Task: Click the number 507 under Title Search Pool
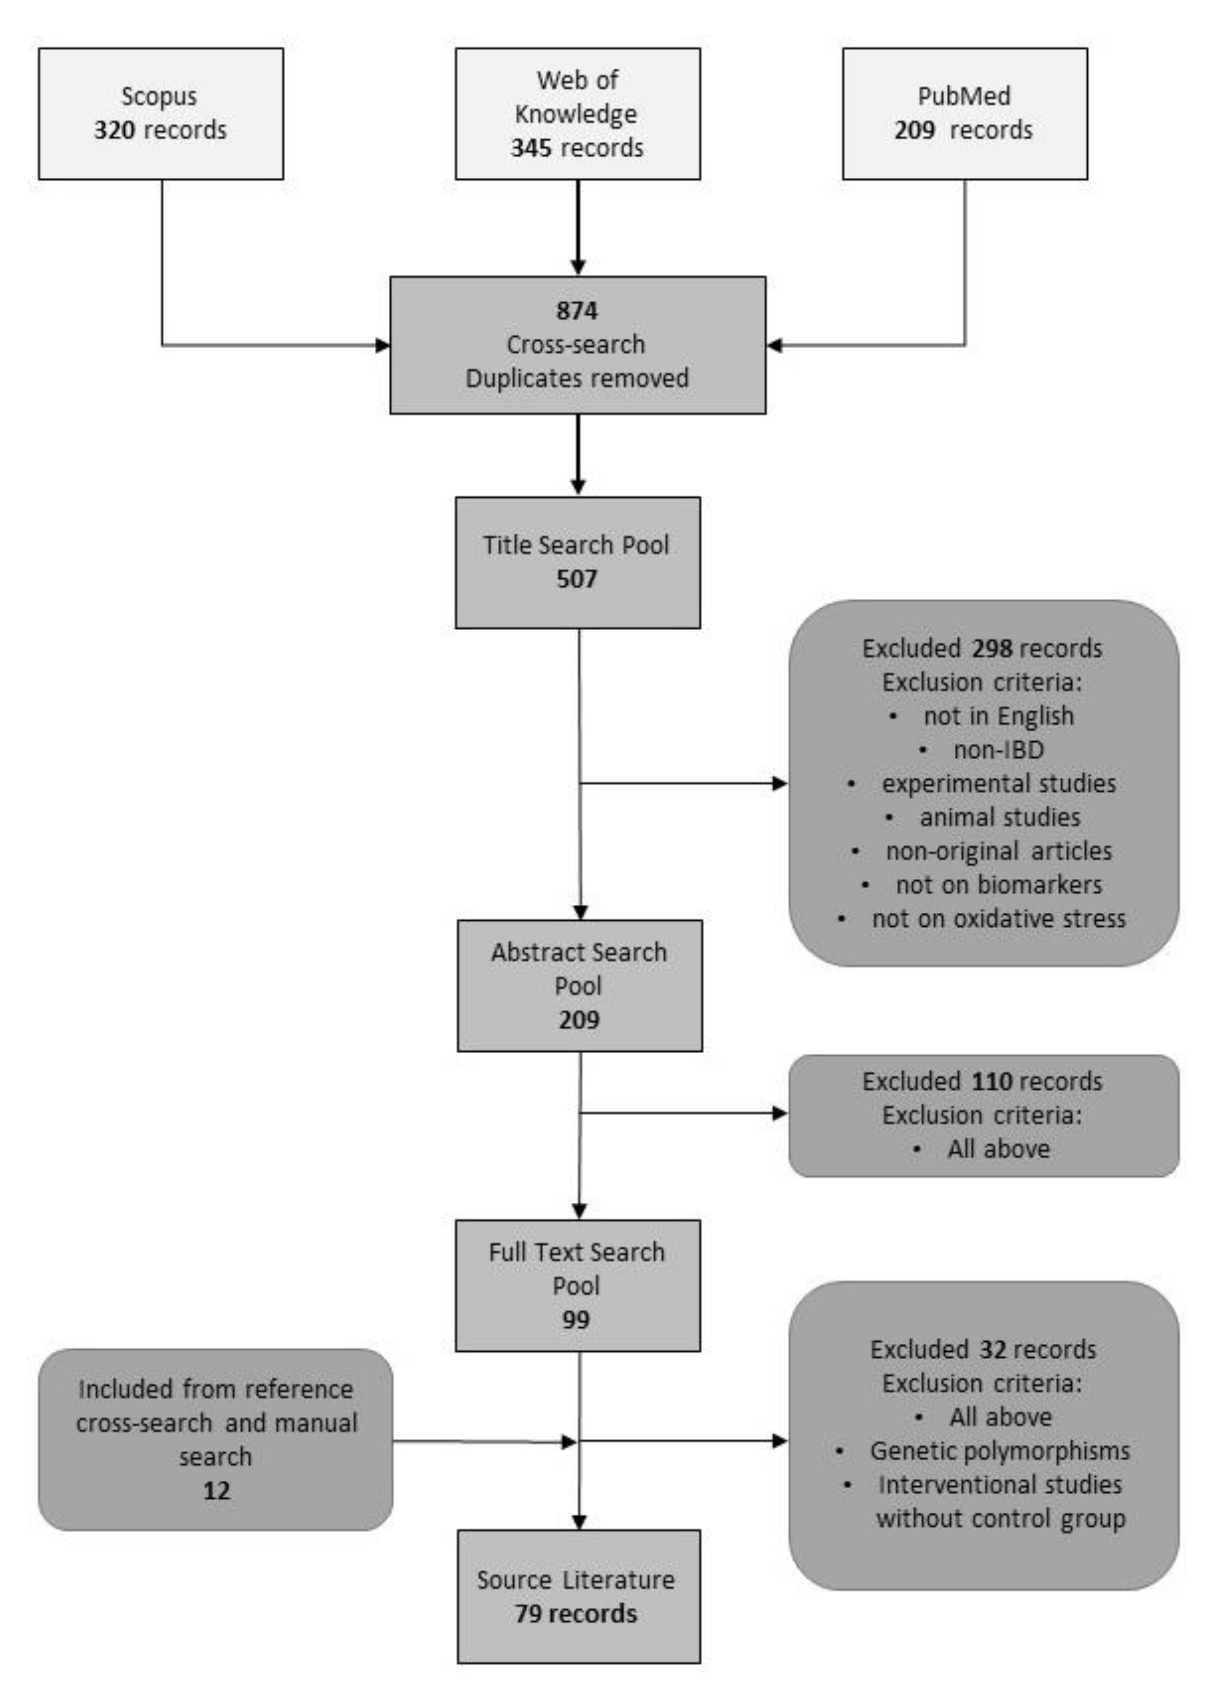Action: click(x=576, y=578)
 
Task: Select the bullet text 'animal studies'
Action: click(x=999, y=817)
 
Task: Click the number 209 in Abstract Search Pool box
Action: click(x=579, y=1019)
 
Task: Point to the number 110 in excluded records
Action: click(x=991, y=1081)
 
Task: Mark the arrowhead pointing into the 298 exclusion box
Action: click(x=780, y=783)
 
